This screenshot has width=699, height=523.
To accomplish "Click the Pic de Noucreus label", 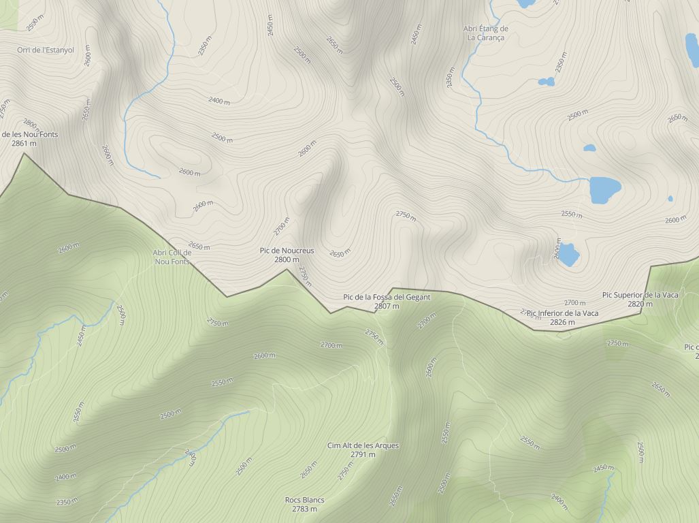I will pyautogui.click(x=287, y=251).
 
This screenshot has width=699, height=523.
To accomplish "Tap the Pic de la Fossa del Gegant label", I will pyautogui.click(x=387, y=297).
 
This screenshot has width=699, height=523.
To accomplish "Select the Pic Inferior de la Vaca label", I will pyautogui.click(x=562, y=313).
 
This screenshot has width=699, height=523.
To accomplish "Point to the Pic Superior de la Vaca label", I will pyautogui.click(x=640, y=295).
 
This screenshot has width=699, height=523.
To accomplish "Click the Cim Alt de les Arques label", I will pyautogui.click(x=363, y=445).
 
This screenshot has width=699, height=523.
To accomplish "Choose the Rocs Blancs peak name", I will pyautogui.click(x=304, y=500).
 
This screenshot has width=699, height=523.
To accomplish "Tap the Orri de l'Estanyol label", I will pyautogui.click(x=46, y=50).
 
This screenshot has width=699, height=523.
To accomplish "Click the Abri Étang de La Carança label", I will pyautogui.click(x=485, y=33).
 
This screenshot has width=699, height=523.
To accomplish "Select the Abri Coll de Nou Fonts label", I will pyautogui.click(x=172, y=257).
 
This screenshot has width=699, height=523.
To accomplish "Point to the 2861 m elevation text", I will pyautogui.click(x=24, y=144).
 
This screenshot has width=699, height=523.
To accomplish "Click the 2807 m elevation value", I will pyautogui.click(x=387, y=306).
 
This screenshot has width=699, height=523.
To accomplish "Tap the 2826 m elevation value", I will pyautogui.click(x=562, y=322).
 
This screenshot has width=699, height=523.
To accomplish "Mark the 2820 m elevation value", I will pyautogui.click(x=640, y=304).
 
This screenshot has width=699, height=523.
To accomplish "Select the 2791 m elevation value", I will pyautogui.click(x=363, y=454).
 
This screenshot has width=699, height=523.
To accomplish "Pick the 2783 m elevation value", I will pyautogui.click(x=304, y=509).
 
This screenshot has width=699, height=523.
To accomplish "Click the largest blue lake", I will pyautogui.click(x=604, y=190).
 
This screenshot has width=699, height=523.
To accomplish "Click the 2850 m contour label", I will pyautogui.click(x=660, y=390).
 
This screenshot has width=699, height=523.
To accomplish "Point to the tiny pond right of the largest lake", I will pyautogui.click(x=670, y=199).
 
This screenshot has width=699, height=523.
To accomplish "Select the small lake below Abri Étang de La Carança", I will pyautogui.click(x=546, y=82).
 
